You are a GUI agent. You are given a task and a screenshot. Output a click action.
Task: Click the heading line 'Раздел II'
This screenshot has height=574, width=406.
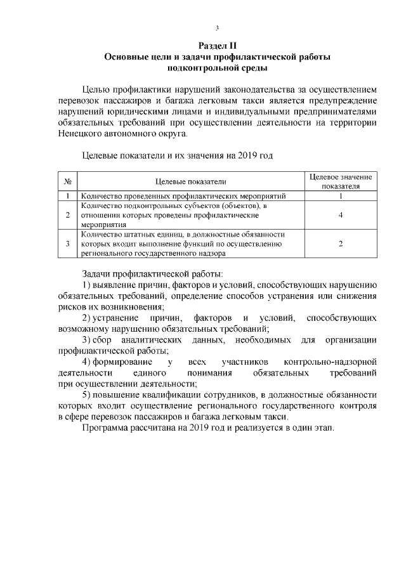tap(217, 46)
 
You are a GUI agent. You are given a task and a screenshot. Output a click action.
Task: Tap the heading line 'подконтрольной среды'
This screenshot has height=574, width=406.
tap(217, 67)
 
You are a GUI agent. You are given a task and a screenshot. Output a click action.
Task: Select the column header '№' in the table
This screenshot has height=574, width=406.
tap(67, 181)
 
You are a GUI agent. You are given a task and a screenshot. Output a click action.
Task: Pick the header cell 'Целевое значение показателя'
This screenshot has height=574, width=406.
tap(341, 181)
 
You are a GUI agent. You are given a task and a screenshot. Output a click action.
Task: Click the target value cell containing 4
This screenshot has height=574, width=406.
tap(341, 215)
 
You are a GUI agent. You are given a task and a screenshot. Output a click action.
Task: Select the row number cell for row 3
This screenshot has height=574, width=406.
tap(67, 244)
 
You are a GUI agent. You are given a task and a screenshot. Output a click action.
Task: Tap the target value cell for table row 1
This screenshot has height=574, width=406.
tap(341, 196)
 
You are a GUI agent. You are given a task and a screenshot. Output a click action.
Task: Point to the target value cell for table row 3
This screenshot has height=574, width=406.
tap(341, 244)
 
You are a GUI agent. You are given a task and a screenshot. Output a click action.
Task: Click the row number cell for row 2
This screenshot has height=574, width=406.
tap(67, 215)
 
